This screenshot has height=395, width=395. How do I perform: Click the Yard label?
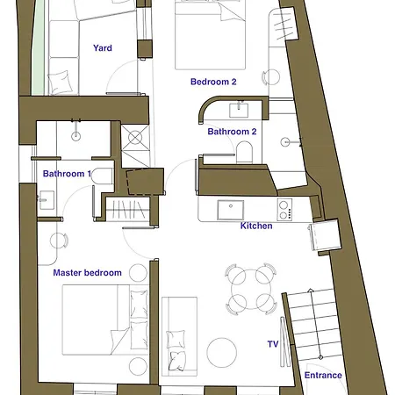tap(103, 48)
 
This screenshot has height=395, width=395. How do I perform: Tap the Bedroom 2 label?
tap(213, 82)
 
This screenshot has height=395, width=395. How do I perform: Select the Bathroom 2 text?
tap(232, 132)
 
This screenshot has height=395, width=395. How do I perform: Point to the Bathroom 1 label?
tap(67, 174)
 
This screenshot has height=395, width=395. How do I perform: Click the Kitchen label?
tap(256, 226)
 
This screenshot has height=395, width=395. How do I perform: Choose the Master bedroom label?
tap(87, 273)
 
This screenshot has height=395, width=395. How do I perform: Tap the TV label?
tap(273, 344)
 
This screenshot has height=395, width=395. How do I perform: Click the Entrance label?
tap(323, 376)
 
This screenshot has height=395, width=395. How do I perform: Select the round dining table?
tap(251, 289)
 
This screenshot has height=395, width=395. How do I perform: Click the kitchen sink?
tap(231, 210)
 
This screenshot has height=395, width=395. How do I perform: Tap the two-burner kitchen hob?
tap(284, 210)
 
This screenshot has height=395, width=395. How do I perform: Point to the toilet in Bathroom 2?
tap(244, 152)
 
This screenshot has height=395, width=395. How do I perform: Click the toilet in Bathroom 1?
tap(102, 176)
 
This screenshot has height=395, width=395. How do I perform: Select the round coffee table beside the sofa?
tap(222, 352)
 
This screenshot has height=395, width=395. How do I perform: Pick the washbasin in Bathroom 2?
tap(239, 110)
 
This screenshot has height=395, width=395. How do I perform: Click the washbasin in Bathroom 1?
tap(47, 200)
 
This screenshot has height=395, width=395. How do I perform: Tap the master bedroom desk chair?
tap(59, 241)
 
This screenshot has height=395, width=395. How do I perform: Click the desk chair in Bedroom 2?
tap(271, 77)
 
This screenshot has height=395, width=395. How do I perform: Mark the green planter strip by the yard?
tap(38, 47)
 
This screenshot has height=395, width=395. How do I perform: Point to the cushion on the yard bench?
tap(60, 82)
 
